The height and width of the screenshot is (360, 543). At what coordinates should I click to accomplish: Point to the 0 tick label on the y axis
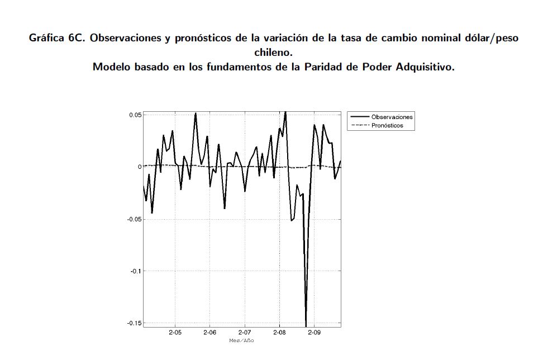pos(139,167)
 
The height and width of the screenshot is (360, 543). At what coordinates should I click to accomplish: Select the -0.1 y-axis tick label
pos(135,271)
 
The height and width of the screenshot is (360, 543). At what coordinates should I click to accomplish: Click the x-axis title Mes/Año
pos(241,340)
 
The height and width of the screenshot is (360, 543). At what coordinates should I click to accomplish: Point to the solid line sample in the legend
pos(359,117)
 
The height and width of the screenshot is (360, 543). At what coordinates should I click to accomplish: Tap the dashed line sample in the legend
pos(359,126)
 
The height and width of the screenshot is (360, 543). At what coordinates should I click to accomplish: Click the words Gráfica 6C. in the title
pos(58,39)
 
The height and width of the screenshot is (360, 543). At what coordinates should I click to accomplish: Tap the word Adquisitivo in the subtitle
pos(427,67)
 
